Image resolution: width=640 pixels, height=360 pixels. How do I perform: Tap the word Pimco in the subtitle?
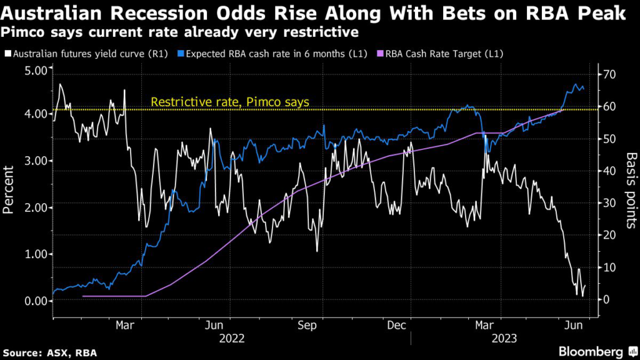coord(19,31)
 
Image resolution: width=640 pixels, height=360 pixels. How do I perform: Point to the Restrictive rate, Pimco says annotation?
coord(230,102)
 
